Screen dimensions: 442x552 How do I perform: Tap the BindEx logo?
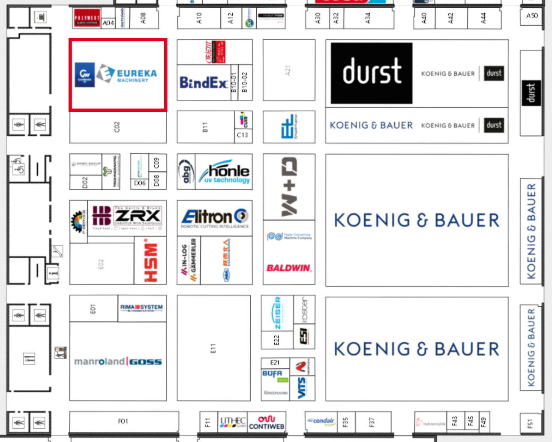(x=204, y=82)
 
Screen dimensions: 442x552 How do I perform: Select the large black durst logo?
(x=372, y=72)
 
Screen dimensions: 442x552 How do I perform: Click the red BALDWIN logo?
(x=289, y=268)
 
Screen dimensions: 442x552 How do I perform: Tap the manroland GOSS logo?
(x=118, y=361)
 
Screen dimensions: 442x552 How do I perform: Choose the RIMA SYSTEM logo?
(x=141, y=307)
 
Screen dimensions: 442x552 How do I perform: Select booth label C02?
(x=117, y=127)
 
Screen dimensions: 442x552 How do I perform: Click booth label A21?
(x=288, y=70)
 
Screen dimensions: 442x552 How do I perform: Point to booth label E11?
(x=213, y=348)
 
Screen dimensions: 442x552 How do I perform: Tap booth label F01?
(x=123, y=421)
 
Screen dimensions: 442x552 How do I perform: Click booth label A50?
(x=532, y=15)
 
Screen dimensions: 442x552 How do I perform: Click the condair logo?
(x=321, y=421)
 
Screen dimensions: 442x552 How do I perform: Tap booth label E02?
(x=101, y=264)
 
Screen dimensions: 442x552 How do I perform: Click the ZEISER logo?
(x=277, y=313)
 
